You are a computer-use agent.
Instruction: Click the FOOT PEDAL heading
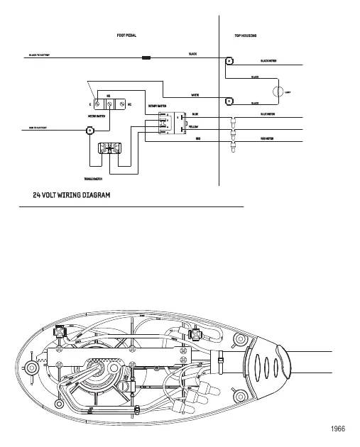pos(126,35)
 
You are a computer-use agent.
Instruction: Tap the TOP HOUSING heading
pos(245,35)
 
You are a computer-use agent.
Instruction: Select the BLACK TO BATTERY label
pos(39,55)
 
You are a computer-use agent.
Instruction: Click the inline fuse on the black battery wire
pos(147,56)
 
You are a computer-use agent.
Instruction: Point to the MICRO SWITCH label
pos(96,114)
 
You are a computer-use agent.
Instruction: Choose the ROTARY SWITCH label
pos(157,106)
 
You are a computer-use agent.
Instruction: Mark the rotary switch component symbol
pos(163,123)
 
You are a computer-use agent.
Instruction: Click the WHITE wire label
pos(195,94)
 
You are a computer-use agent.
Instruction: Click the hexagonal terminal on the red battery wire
pos(90,131)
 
